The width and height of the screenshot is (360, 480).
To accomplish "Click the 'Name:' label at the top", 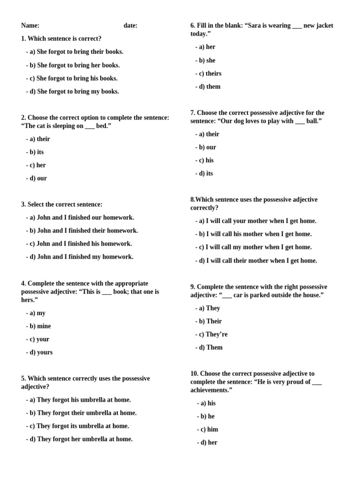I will [x=30, y=26].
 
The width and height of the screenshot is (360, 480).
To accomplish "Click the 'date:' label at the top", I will [x=130, y=26].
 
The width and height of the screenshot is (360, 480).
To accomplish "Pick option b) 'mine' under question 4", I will [x=40, y=326].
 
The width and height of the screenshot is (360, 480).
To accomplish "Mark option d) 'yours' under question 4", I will [x=41, y=352].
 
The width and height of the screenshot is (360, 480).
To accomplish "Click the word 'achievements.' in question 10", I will [x=211, y=390].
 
